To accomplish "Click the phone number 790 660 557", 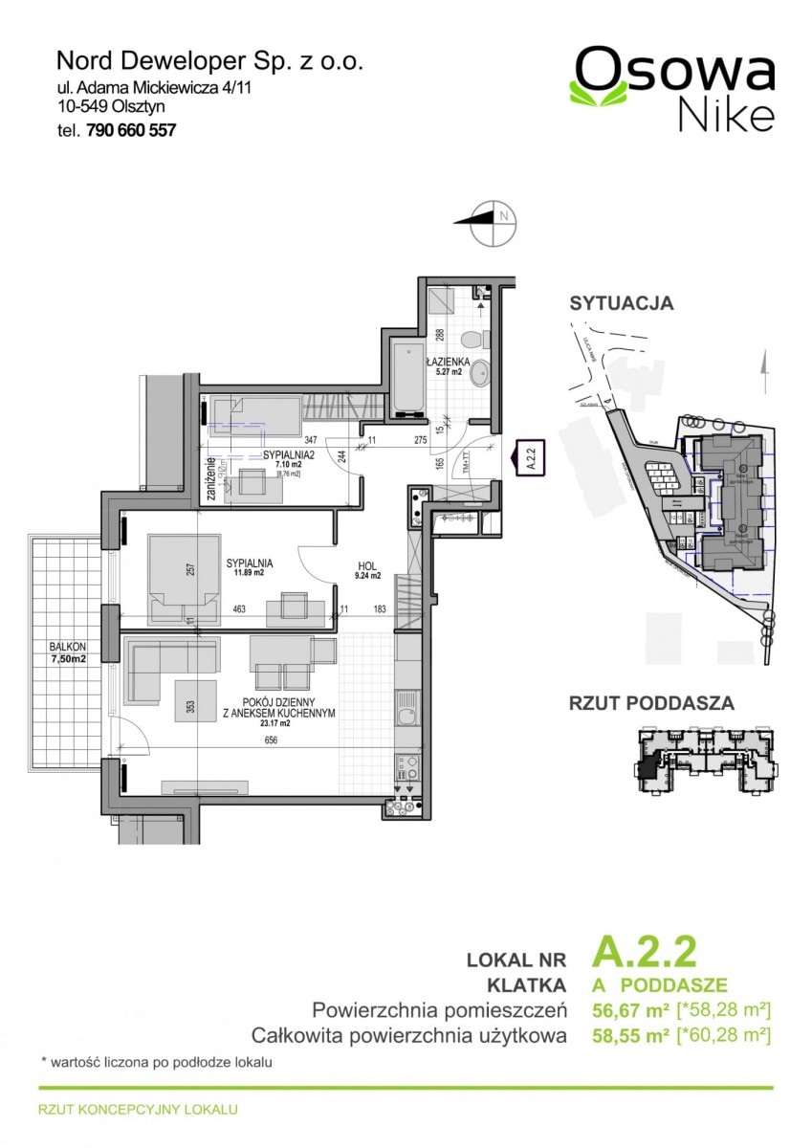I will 132,131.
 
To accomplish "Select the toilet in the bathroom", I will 475,340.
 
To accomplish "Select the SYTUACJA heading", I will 621,303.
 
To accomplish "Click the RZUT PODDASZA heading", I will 651,703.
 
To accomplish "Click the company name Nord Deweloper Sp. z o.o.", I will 210,61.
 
